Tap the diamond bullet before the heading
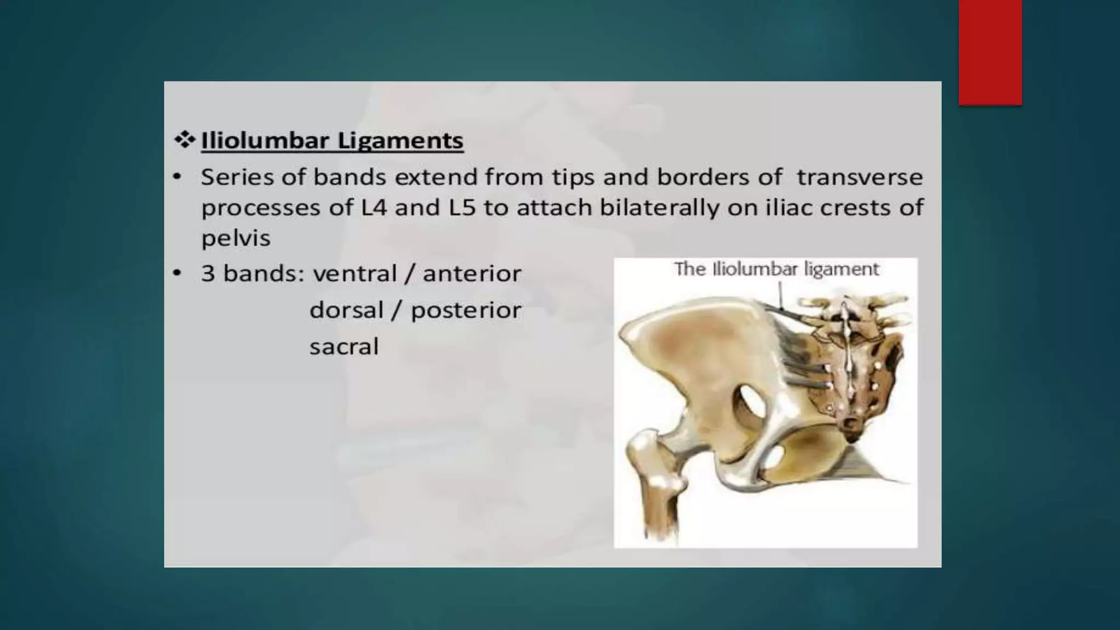click(184, 141)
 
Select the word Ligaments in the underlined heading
click(400, 141)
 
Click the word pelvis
click(236, 238)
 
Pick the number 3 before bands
click(208, 273)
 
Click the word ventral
click(354, 273)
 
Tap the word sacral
click(343, 347)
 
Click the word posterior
click(465, 311)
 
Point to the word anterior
click(472, 273)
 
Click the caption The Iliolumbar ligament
click(776, 269)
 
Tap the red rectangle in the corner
click(990, 52)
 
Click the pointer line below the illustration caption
click(781, 298)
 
